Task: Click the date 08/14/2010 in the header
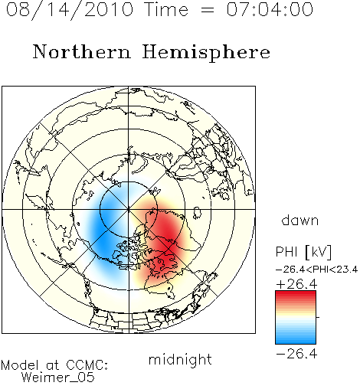pos(70,9)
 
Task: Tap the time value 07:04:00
pos(270,9)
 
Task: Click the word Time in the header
pos(166,9)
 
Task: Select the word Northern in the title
pos(82,51)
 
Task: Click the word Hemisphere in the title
pos(206,53)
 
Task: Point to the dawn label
pos(300,220)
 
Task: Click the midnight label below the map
pos(180,359)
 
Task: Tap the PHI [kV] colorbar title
pos(303,252)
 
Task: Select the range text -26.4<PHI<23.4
pos(316,270)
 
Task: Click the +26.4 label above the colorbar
pos(296,284)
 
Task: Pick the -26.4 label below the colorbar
pos(296,354)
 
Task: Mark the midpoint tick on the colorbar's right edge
pos(318,317)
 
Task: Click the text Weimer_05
pos(58,377)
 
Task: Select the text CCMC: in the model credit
pos(87,365)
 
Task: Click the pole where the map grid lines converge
pos(129,209)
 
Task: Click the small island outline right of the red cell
pos(197,213)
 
